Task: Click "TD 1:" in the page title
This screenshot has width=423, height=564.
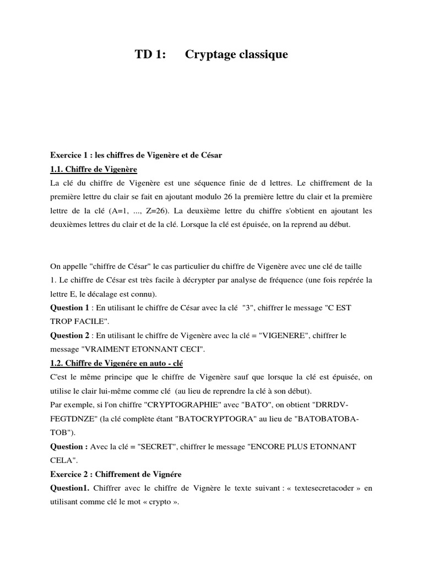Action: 150,55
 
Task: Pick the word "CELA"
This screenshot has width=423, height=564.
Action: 61,459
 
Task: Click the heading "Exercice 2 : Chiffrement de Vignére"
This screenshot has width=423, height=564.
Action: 116,474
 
